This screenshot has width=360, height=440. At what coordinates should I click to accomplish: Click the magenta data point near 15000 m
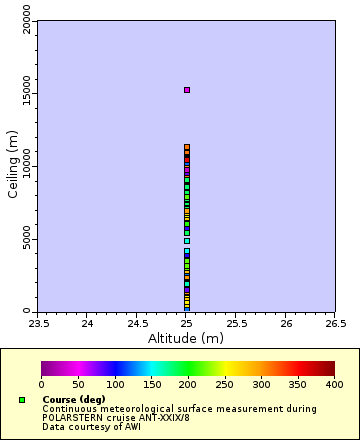pos(186,90)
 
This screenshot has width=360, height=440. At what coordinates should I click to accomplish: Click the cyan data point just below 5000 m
pos(186,241)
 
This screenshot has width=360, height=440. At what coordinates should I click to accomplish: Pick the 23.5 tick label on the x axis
pos(38,323)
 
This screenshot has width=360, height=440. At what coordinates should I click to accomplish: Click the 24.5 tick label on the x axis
pos(137,323)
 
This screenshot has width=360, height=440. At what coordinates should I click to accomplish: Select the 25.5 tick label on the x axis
pos(236,323)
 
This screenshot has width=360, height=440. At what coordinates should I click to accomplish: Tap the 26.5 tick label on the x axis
pos(335,323)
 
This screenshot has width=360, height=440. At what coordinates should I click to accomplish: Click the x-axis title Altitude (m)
pos(186,338)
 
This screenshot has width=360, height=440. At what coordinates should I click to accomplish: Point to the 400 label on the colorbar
pos(334,384)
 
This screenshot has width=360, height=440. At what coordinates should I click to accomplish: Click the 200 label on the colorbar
pos(188,384)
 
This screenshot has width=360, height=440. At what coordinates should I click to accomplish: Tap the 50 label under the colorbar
pos(78,384)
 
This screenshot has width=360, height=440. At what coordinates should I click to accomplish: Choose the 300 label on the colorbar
pos(261,384)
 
